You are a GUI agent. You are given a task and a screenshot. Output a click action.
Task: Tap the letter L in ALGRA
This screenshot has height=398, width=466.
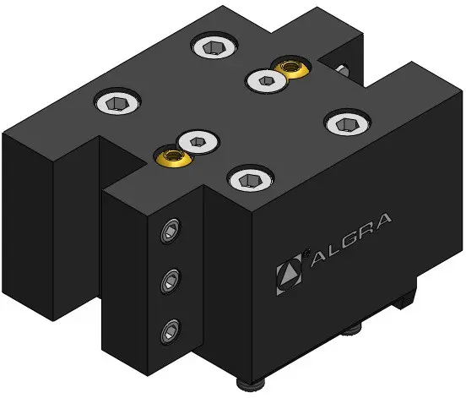(326, 249)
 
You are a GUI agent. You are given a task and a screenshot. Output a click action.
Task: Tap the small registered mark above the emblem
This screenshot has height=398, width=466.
(306, 254)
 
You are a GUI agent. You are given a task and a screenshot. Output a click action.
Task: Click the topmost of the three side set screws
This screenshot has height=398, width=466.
(171, 232)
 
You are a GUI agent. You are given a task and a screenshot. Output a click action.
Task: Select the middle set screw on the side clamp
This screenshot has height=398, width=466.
(171, 281)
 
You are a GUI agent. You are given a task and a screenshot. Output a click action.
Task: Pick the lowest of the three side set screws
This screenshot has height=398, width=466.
(171, 331)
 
